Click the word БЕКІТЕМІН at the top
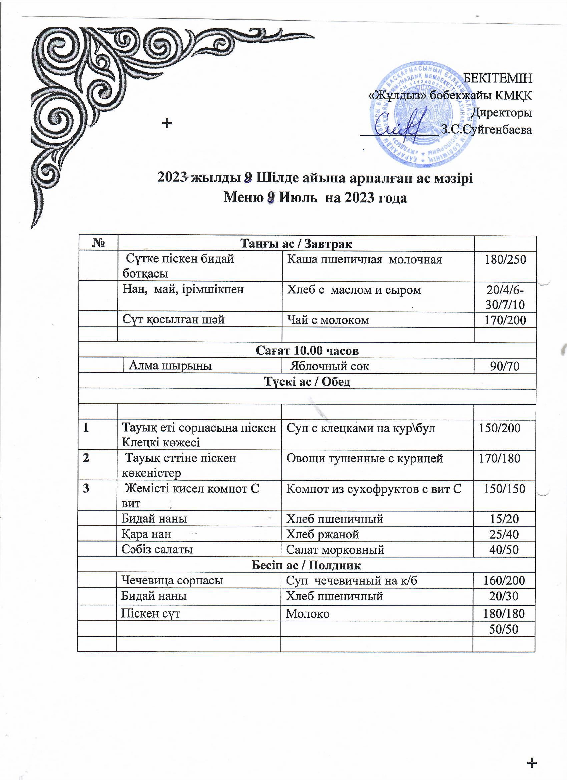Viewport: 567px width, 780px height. [498, 78]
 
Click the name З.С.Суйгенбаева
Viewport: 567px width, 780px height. [486, 130]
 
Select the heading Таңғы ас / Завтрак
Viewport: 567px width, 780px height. [296, 244]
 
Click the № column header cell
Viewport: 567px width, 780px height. [98, 244]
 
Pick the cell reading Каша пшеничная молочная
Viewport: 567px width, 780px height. [364, 259]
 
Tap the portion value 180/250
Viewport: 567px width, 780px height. [505, 259]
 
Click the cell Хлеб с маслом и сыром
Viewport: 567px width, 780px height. [354, 290]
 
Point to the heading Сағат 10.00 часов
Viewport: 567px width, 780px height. [307, 350]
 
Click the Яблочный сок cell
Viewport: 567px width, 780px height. [329, 366]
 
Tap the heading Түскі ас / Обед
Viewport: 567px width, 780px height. [307, 381]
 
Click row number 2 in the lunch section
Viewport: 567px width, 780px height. [86, 458]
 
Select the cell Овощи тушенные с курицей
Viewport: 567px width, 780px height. [365, 458]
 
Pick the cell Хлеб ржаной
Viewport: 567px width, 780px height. [323, 534]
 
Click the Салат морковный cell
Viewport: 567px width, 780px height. [335, 549]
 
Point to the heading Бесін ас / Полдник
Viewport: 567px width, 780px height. [307, 565]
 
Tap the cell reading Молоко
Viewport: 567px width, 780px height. [308, 613]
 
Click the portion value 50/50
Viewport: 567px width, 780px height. [504, 629]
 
